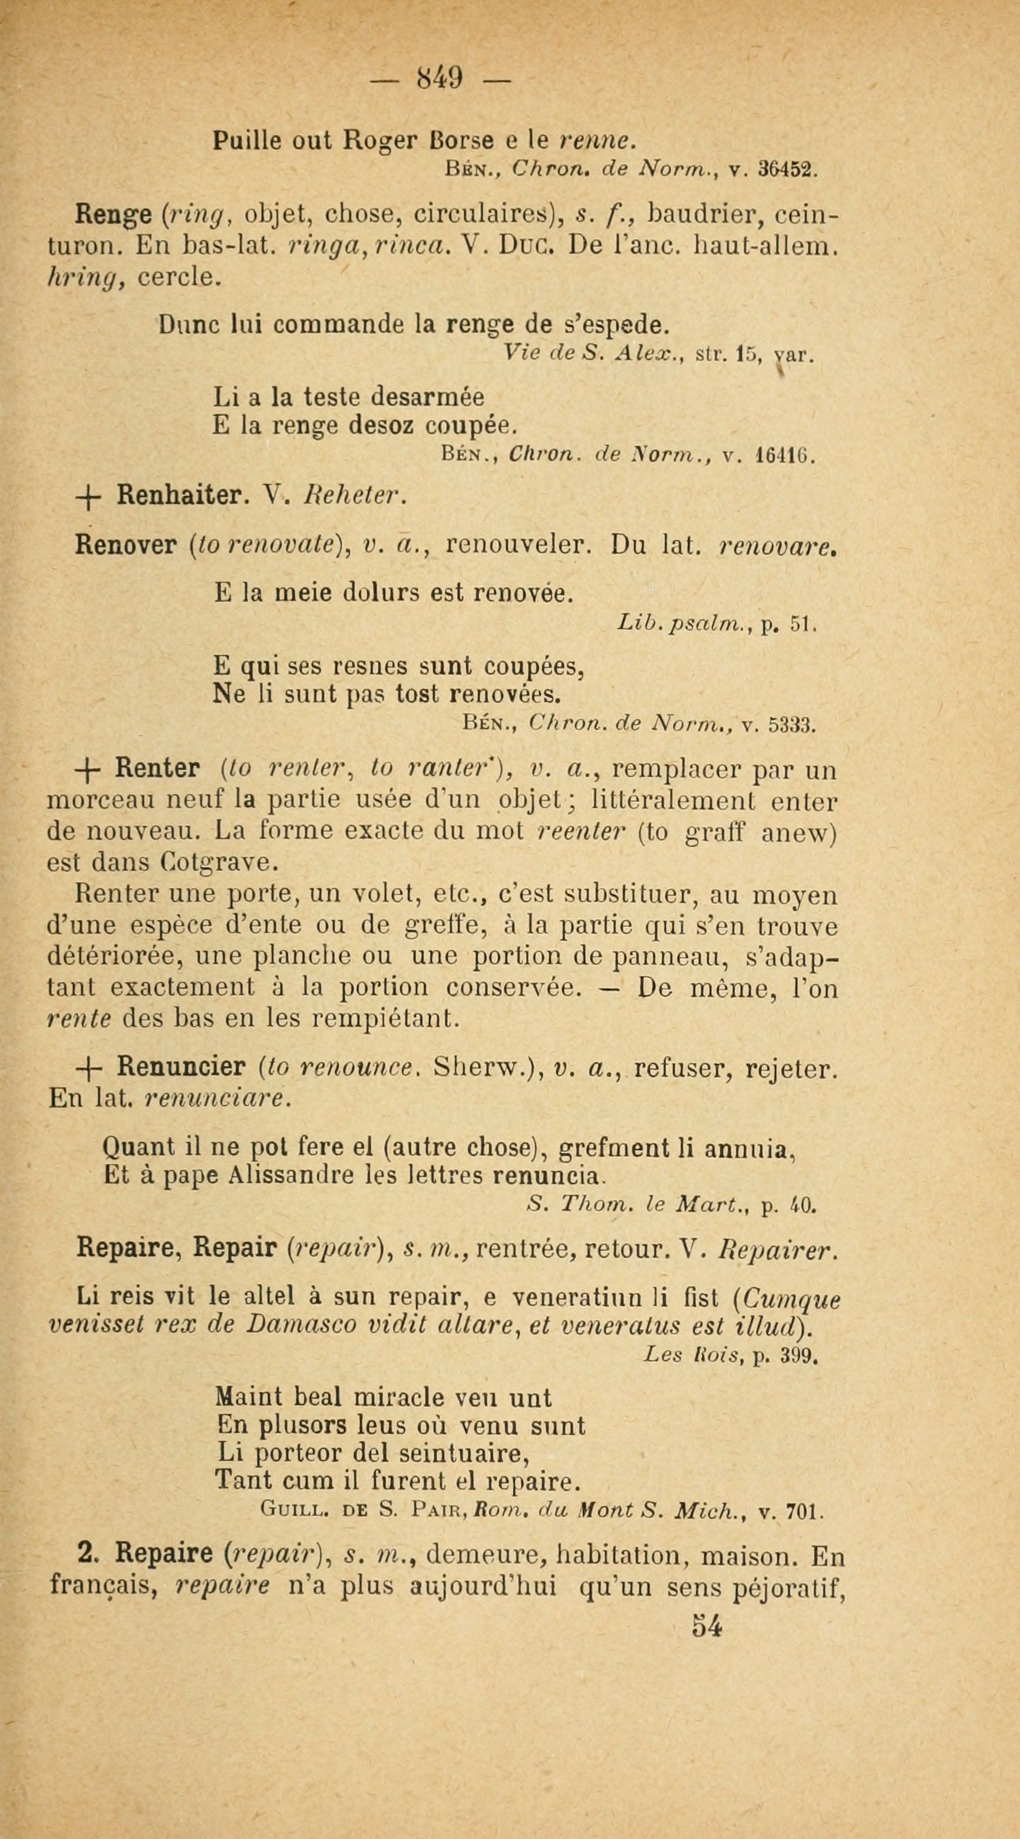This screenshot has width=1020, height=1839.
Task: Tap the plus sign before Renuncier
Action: point(92,1069)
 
